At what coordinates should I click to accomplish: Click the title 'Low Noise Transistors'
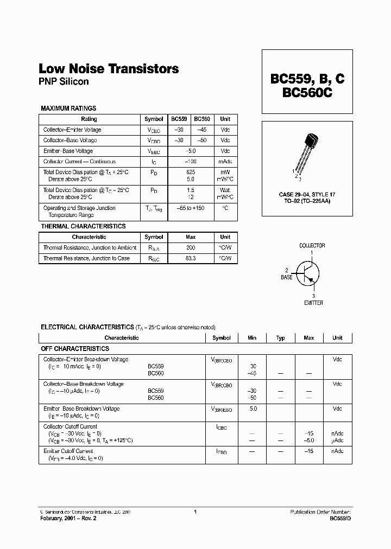[x=109, y=69]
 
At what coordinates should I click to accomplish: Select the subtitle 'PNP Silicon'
[x=64, y=82]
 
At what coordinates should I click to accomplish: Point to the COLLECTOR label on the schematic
[x=312, y=246]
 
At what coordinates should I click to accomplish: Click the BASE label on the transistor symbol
[x=286, y=277]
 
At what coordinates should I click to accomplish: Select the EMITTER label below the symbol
[x=313, y=302]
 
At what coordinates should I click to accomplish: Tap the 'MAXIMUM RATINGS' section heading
[x=68, y=108]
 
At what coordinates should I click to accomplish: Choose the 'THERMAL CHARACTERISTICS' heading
[x=83, y=226]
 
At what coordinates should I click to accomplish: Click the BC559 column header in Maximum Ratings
[x=179, y=119]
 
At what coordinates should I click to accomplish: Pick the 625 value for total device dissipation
[x=190, y=171]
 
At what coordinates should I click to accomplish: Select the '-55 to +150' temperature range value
[x=190, y=208]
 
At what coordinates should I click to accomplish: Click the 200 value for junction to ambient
[x=191, y=247]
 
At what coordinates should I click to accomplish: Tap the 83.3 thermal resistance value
[x=191, y=258]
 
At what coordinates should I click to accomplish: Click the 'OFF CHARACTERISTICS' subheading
[x=75, y=349]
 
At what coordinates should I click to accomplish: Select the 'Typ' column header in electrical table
[x=280, y=338]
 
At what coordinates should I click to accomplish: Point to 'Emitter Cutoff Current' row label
[x=68, y=451]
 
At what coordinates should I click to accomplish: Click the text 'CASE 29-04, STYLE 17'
[x=307, y=194]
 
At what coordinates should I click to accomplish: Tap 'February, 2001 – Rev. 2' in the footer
[x=68, y=519]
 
